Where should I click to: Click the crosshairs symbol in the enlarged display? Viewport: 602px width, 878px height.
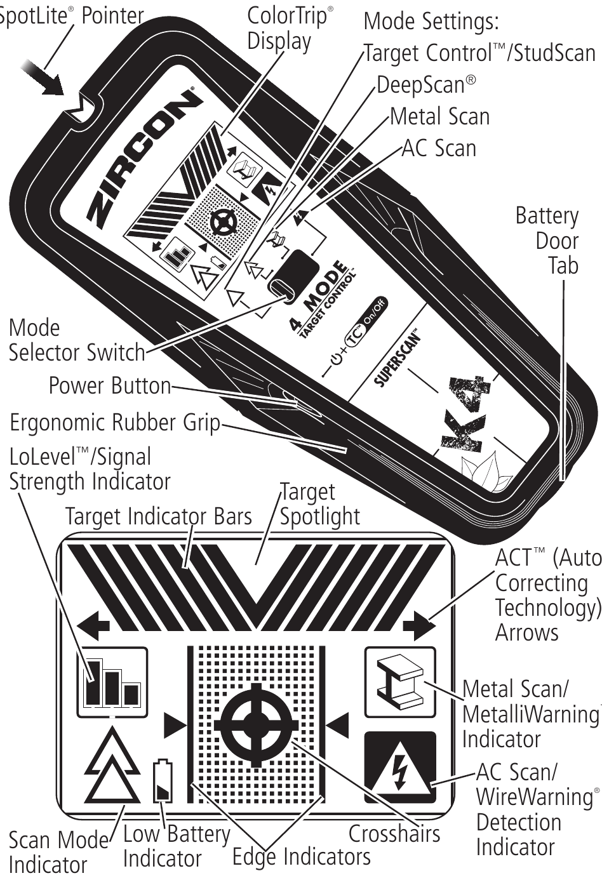tap(256, 724)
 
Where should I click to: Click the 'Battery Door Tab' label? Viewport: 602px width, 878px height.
tap(548, 241)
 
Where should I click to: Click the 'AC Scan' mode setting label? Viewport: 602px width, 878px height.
tap(439, 148)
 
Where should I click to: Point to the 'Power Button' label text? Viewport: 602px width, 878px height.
tap(110, 385)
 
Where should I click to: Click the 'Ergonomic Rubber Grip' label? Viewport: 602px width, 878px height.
tap(115, 422)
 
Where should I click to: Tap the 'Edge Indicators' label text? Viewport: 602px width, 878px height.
tap(301, 857)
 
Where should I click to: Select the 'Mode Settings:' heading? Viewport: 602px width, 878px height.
tap(431, 22)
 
